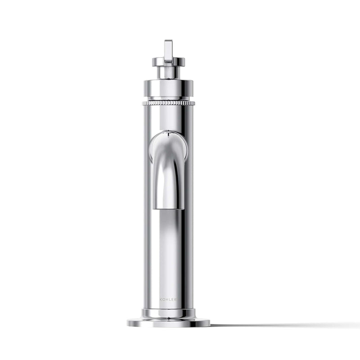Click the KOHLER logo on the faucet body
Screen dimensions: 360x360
pyautogui.click(x=168, y=300)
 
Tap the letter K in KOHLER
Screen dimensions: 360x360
pyautogui.click(x=161, y=300)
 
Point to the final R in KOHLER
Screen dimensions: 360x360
pyautogui.click(x=175, y=300)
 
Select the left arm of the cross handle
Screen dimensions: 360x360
pyautogui.click(x=158, y=61)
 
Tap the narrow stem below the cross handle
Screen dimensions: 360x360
pyautogui.click(x=168, y=72)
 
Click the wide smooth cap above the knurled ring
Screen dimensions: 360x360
pyautogui.click(x=168, y=88)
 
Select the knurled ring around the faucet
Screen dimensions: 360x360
pyautogui.click(x=168, y=103)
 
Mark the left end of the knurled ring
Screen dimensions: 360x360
pyautogui.click(x=143, y=103)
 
